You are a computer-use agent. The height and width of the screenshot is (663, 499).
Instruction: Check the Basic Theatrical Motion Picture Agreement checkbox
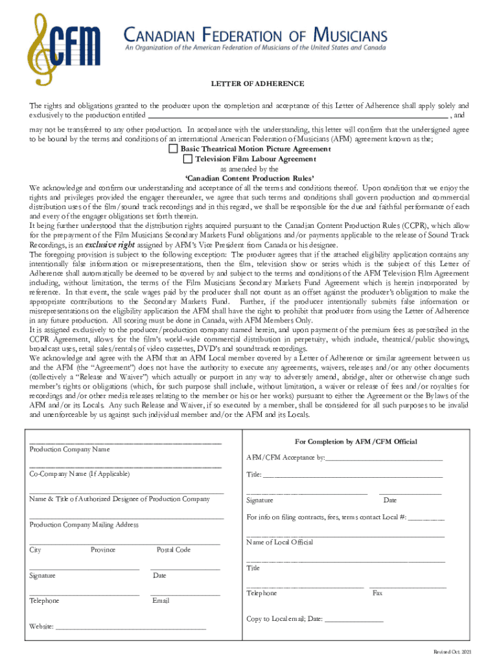click(173, 149)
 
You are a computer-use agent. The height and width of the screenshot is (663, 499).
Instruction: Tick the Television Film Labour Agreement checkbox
click(187, 159)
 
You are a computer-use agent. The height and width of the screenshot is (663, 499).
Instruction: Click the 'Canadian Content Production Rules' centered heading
click(250, 178)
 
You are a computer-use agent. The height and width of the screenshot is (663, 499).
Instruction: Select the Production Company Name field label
click(69, 449)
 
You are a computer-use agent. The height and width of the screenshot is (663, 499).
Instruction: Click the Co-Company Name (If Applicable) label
click(80, 474)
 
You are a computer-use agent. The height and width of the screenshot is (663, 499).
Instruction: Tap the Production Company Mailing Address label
click(84, 524)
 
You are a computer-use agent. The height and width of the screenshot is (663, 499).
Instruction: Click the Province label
click(103, 550)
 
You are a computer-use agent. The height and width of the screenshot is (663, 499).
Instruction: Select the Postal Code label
click(174, 550)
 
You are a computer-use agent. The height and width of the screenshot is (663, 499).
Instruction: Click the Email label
click(161, 601)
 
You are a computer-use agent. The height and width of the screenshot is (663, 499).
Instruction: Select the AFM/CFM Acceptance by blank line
click(384, 459)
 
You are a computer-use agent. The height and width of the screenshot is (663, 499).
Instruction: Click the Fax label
click(377, 593)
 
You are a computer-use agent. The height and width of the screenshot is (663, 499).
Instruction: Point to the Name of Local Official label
click(279, 542)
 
